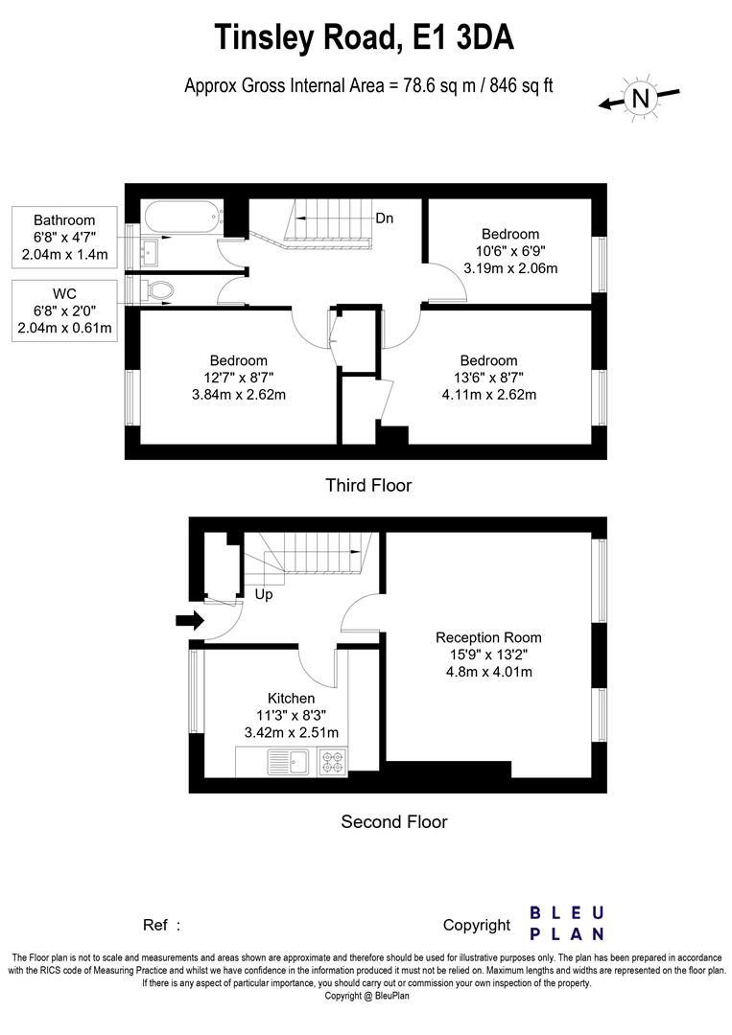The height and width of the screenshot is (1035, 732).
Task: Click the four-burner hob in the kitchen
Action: (333, 762)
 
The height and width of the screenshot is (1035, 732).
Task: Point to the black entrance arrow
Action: (191, 621)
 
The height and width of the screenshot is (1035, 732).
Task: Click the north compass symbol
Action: (640, 97)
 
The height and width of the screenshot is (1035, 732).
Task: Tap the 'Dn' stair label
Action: (384, 218)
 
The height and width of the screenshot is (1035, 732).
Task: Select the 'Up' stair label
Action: (264, 594)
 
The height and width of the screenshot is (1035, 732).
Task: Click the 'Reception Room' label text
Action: (488, 637)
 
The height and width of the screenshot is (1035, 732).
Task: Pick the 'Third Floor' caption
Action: (368, 485)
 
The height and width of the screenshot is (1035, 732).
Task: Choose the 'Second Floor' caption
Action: (394, 821)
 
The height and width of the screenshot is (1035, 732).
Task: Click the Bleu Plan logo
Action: (567, 923)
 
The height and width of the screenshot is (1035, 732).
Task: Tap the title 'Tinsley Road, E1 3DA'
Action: (365, 37)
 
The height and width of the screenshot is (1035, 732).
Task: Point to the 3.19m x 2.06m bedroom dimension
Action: (509, 268)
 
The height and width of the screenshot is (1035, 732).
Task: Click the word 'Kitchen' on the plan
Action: (291, 699)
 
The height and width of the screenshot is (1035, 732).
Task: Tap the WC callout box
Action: (65, 309)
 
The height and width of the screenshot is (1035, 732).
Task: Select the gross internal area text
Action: (368, 85)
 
